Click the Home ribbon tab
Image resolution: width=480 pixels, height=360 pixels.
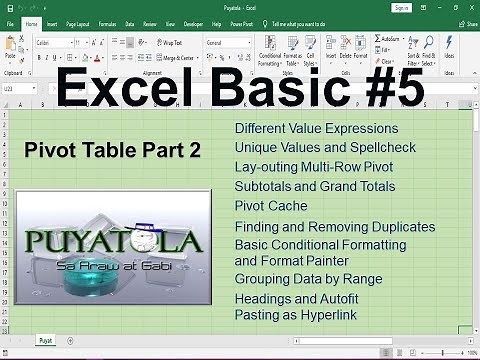(31, 21)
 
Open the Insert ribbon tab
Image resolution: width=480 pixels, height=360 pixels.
(51, 21)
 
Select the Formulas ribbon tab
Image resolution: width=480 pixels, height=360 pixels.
(106, 21)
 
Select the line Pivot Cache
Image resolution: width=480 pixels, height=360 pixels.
(271, 206)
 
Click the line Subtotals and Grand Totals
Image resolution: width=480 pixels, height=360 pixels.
(314, 186)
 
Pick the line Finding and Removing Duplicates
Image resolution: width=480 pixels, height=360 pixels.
(334, 227)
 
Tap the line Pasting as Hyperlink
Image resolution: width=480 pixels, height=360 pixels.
(297, 314)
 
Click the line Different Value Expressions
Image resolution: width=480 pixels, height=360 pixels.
(316, 129)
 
